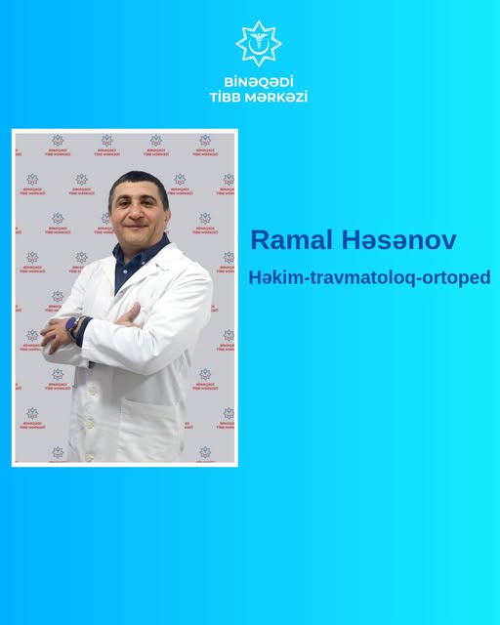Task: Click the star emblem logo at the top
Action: (x=259, y=44)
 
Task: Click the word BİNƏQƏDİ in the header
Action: (x=259, y=82)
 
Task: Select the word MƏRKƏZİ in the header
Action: (x=276, y=97)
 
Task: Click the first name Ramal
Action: (x=291, y=240)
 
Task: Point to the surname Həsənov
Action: (x=398, y=240)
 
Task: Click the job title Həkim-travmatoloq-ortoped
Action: (x=369, y=277)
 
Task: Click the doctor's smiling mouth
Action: (x=137, y=227)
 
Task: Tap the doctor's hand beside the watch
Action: (x=55, y=334)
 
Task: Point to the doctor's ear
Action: (x=168, y=215)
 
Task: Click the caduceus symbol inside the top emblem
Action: (x=259, y=43)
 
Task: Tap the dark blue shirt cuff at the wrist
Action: (x=83, y=331)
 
